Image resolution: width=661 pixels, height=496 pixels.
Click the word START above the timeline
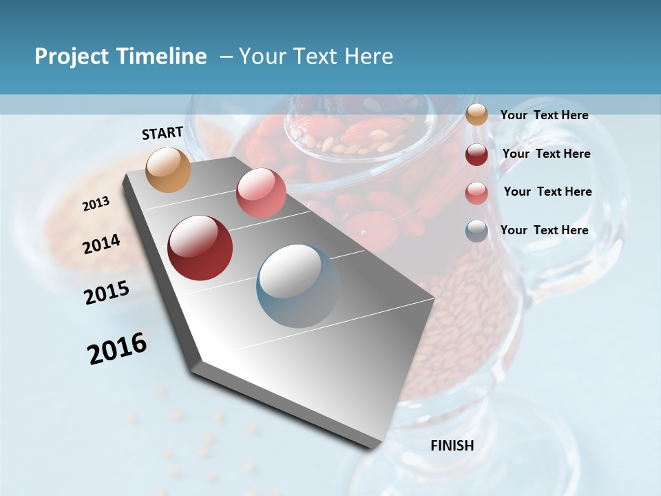(162, 133)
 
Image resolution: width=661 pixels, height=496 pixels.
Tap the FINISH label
(452, 446)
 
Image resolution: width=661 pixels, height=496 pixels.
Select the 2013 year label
(96, 204)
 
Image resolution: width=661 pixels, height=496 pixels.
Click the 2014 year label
(102, 245)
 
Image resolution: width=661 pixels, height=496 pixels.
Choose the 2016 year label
(117, 348)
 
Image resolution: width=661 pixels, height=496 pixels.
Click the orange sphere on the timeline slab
(169, 169)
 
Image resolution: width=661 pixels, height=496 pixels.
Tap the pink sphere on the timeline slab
(261, 193)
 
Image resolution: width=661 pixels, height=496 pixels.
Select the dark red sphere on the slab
(200, 248)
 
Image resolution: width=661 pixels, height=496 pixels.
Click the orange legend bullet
(476, 115)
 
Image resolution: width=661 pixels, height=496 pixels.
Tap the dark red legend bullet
(476, 154)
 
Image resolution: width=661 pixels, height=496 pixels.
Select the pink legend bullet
(476, 193)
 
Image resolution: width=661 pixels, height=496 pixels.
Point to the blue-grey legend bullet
(476, 231)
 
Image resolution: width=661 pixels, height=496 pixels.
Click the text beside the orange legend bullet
(544, 116)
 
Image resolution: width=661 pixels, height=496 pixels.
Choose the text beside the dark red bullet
(546, 154)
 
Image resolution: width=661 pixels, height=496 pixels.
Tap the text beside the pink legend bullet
(547, 192)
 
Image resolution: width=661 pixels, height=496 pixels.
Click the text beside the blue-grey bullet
(544, 230)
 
